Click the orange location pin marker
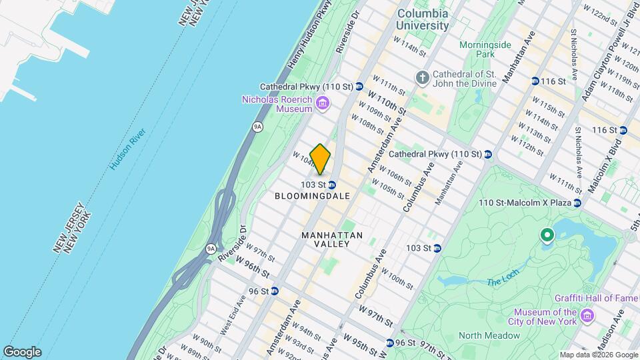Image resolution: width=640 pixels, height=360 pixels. pyautogui.click(x=320, y=159)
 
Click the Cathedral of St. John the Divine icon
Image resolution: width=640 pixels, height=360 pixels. pyautogui.click(x=422, y=79)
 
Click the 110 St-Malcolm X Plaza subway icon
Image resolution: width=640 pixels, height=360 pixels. pyautogui.click(x=577, y=202)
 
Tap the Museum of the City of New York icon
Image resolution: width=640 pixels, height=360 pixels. pyautogui.click(x=587, y=315)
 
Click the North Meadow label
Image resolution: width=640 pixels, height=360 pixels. pyautogui.click(x=484, y=335)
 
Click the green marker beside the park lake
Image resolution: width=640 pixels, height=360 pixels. pyautogui.click(x=547, y=235)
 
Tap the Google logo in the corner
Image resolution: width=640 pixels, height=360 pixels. pyautogui.click(x=22, y=352)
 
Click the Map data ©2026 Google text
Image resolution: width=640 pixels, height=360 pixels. pyautogui.click(x=598, y=355)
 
